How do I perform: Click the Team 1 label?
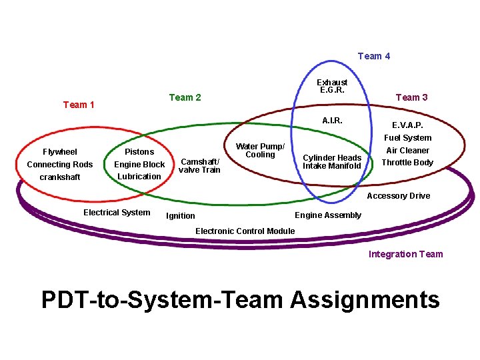tap(78, 105)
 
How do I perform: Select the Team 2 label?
tap(185, 97)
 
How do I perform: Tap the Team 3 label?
tap(411, 97)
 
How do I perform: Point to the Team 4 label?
tap(374, 56)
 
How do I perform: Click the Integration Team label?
tap(405, 254)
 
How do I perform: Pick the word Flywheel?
tap(60, 152)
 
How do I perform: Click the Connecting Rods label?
tap(60, 165)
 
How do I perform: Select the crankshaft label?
tap(60, 177)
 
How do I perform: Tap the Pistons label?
tap(139, 152)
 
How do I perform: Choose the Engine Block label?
tap(139, 165)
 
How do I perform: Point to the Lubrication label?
tap(139, 177)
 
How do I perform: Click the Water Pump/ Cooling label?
tap(260, 151)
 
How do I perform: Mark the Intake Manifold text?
tap(332, 166)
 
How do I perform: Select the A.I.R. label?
tap(332, 121)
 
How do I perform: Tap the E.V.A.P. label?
tap(407, 125)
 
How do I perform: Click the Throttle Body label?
tap(407, 163)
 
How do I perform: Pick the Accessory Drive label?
tap(398, 196)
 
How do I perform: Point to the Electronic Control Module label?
tap(245, 231)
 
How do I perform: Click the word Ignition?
tap(181, 216)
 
